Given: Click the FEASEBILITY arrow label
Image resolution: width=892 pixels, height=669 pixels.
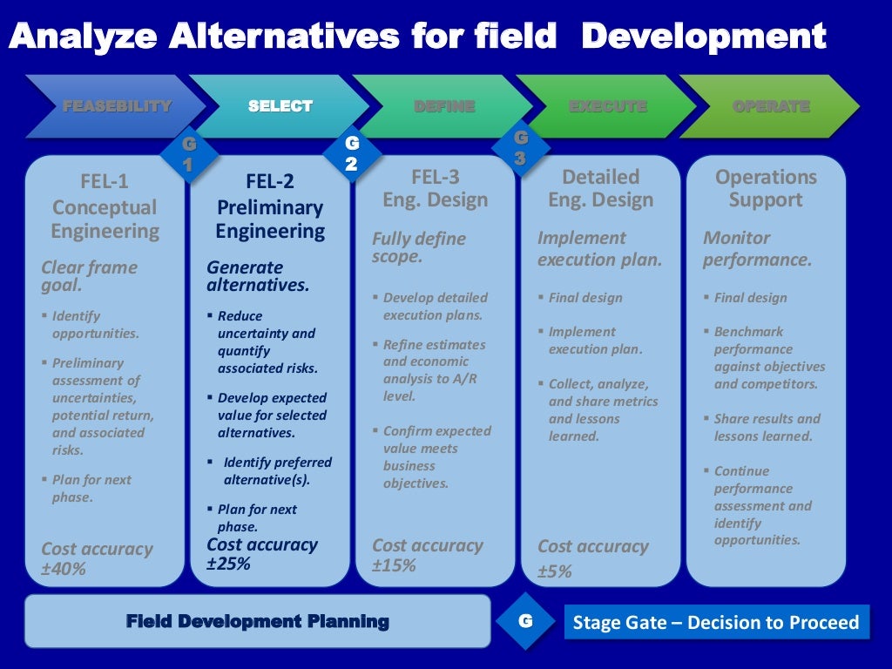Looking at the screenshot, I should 117,106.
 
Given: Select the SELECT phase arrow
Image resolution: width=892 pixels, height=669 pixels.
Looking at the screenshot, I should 280,106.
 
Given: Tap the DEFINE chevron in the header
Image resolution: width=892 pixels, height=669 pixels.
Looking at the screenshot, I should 444,106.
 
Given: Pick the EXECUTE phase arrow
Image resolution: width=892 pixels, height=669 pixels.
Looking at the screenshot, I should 608,106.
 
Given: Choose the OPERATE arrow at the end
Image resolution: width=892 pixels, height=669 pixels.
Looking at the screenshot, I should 771,106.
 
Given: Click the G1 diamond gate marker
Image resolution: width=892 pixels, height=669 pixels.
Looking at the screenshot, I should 188,155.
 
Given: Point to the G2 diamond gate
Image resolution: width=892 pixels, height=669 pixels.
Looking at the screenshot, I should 351,153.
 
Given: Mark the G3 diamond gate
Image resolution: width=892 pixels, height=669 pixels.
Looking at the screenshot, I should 520,148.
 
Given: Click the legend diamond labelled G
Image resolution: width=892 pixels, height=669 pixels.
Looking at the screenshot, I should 525,621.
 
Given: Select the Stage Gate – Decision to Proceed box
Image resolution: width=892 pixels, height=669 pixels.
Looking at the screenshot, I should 716,622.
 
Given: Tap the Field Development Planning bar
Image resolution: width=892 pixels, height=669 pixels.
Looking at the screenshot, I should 257,621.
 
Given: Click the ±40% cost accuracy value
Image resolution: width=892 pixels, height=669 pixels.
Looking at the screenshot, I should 64,570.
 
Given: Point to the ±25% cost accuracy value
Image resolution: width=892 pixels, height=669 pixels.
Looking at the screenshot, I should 228,564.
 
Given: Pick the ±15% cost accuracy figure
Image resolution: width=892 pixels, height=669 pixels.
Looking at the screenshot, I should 394,565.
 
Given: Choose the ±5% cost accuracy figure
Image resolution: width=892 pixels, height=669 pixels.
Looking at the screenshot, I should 555,571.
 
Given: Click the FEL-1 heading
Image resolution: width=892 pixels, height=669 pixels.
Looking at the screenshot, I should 104,181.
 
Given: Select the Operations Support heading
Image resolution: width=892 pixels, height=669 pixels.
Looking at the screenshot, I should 766,188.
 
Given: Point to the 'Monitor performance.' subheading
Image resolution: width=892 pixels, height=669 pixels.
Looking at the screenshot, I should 757,248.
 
